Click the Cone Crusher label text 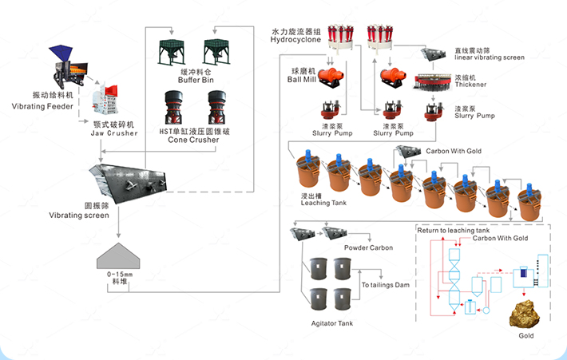coord(193,140)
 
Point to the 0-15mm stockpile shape coord(118,256)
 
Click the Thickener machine coord(433,82)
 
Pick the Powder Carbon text coord(368,247)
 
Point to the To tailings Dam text coord(386,285)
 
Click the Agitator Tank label coord(332,323)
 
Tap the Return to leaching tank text coord(453,230)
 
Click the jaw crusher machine coord(105,97)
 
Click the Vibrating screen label coord(79,215)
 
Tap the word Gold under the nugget coord(526,335)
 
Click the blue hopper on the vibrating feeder coord(61,53)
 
